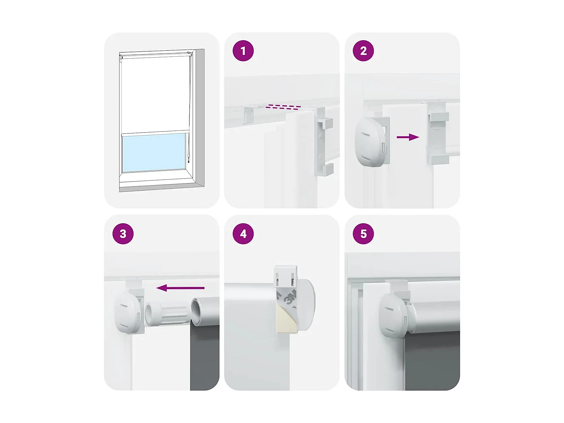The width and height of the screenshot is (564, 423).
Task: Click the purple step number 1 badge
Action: [x=243, y=51]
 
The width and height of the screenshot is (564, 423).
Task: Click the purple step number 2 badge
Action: [x=363, y=51]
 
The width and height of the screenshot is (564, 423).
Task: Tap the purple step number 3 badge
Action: [x=123, y=234]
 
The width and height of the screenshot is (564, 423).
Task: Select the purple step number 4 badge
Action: [x=243, y=234]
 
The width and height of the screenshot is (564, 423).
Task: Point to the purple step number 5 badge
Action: [x=363, y=234]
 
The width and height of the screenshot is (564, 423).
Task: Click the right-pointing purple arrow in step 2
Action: [x=408, y=137]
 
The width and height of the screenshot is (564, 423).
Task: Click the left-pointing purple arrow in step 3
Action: [x=180, y=288]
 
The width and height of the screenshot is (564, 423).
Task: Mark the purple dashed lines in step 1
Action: [x=283, y=107]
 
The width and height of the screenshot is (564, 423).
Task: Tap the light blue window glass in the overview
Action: [x=153, y=152]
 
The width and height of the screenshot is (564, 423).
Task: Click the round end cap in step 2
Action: [x=370, y=141]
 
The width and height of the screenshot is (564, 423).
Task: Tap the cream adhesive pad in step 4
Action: [x=287, y=319]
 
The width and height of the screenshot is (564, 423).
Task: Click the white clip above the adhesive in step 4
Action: [x=286, y=276]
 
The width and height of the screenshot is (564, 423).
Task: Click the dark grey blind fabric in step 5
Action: [x=432, y=361]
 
